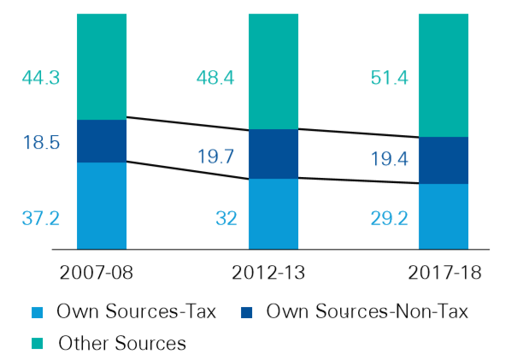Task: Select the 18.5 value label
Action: (41, 143)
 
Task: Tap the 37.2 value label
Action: (40, 218)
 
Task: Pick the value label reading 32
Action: (226, 218)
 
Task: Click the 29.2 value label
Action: (389, 218)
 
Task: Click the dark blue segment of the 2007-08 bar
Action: (102, 141)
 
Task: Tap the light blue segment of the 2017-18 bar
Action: (444, 215)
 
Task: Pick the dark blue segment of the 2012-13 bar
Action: (273, 154)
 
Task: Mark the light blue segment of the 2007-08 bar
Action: (102, 205)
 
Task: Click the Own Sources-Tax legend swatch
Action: (36, 312)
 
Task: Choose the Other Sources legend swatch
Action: (36, 344)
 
